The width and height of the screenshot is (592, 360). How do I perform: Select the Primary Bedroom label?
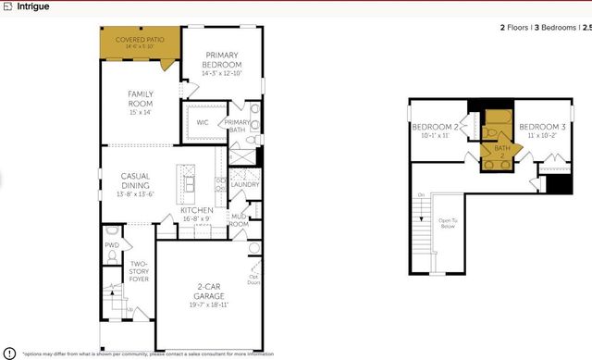click(223, 60)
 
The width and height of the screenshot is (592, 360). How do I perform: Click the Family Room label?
click(141, 99)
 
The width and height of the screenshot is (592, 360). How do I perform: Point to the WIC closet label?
click(202, 122)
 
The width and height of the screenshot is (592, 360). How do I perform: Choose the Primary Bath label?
click(236, 127)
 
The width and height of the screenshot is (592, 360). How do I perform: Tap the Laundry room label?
click(244, 184)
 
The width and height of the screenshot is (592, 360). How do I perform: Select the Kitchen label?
click(196, 214)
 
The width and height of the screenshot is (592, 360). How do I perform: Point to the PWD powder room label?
click(112, 245)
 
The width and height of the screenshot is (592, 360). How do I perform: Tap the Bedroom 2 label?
click(436, 130)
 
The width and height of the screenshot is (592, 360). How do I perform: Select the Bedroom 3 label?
click(542, 130)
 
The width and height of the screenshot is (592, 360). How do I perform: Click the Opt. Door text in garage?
click(252, 279)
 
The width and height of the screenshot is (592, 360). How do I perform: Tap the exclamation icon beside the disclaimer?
click(9, 353)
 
